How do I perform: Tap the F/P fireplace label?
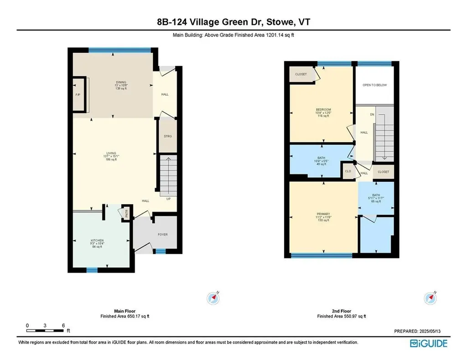point(78,95)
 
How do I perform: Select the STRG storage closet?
point(167,136)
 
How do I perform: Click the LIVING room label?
point(111,153)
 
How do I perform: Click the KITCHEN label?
point(97,240)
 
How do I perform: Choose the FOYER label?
point(163,235)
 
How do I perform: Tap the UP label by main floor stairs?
point(169,199)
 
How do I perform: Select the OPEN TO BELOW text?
point(374,85)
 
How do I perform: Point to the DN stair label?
point(372,114)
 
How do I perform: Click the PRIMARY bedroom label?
point(323,213)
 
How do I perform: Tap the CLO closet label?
point(348,172)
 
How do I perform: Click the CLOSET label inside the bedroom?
point(301,74)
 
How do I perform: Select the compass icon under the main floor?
point(213,298)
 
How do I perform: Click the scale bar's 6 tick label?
point(63,325)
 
